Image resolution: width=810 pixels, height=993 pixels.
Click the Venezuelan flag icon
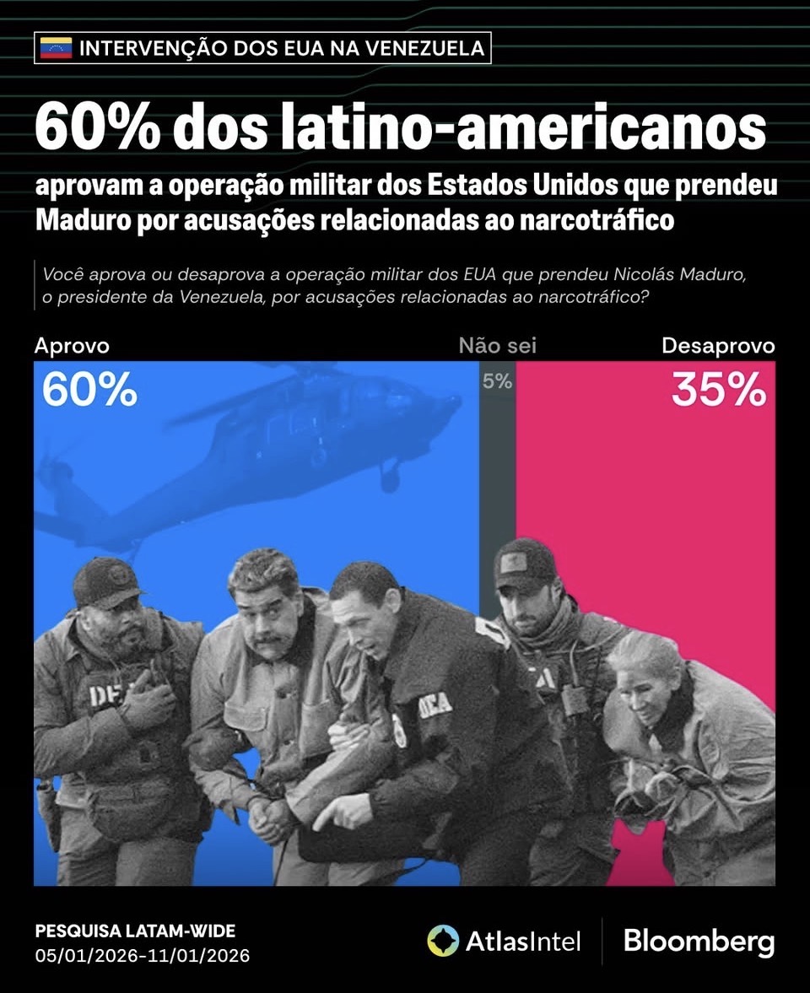[x=57, y=48]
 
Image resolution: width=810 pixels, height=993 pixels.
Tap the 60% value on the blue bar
[x=89, y=390]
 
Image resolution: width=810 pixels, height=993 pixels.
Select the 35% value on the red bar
[x=719, y=390]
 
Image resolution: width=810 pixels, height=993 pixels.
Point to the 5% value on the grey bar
[x=497, y=381]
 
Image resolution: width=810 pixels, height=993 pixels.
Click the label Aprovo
[x=72, y=346]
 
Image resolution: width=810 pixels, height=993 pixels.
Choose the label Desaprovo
[x=718, y=346]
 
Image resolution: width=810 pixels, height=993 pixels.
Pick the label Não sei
[x=498, y=346]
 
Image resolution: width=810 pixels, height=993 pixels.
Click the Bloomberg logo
[x=699, y=941]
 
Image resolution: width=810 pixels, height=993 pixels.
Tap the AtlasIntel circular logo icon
[x=443, y=941]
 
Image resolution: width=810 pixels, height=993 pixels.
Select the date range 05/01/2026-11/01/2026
[x=143, y=956]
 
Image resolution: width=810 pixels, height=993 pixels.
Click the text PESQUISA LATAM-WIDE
[x=135, y=931]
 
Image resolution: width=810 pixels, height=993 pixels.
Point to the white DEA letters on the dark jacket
[x=434, y=705]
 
